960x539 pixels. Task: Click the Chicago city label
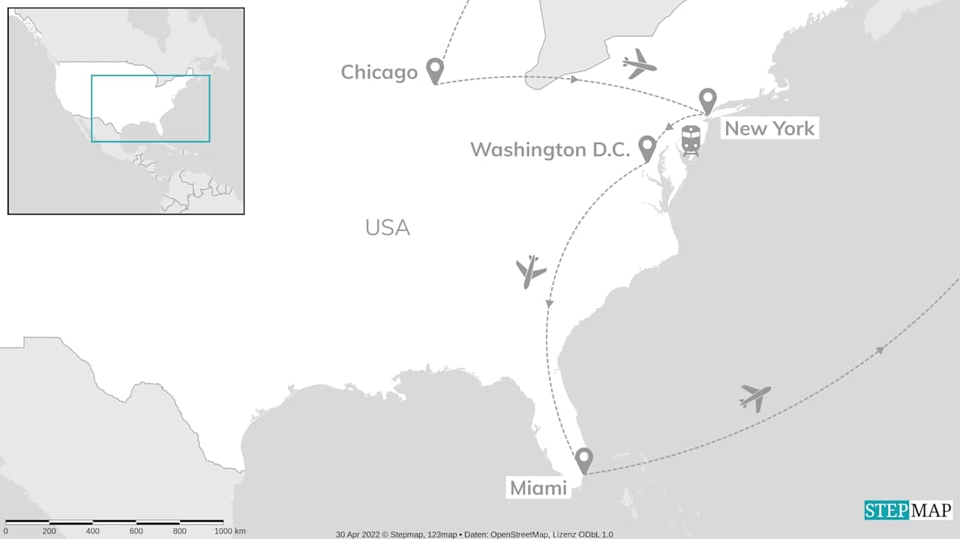coord(379,72)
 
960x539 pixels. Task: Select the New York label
coord(769,128)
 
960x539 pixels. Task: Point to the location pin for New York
coord(707,101)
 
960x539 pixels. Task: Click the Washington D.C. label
coord(550,149)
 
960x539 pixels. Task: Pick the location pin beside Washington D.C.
coord(646,148)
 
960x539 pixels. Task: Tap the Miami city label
coord(538,488)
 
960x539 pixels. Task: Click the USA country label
coord(387,227)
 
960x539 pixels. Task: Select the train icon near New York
coord(691,140)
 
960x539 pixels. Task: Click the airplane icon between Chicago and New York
coord(639,64)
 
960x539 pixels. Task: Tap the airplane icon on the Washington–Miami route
coord(531,271)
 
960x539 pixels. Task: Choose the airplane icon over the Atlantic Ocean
coord(755,397)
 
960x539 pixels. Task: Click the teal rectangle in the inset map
coord(150,108)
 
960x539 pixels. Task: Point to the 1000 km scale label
coord(229,531)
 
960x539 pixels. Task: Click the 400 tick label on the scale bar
coord(92,531)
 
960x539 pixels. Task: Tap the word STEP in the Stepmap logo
coord(887,510)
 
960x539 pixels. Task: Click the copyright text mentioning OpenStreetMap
coord(474,534)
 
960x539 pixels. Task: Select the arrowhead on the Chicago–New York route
coord(574,79)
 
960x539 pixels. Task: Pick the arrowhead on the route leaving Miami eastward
coord(880,349)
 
